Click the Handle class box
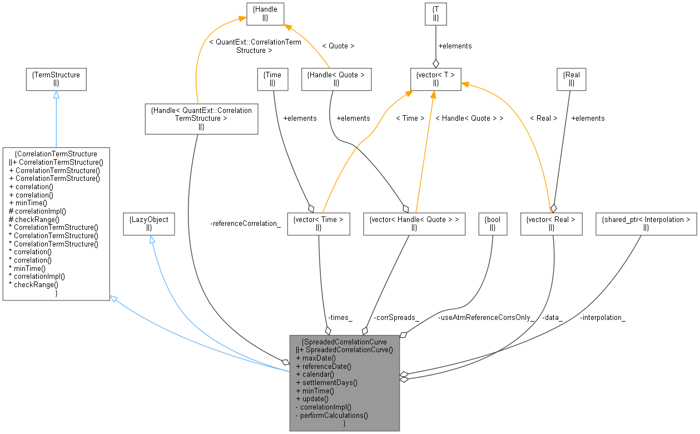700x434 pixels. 265,13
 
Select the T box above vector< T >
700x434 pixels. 435,13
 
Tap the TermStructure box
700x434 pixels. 56,78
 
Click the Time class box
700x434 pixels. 272,78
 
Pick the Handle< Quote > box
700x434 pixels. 336,78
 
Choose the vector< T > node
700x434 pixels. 435,78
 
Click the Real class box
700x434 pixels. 571,78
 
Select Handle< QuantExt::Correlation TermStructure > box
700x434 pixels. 201,119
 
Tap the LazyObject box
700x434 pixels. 148,223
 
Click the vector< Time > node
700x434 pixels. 318,223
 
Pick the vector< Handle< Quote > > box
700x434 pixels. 414,223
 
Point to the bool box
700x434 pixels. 493,223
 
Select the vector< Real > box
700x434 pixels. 551,223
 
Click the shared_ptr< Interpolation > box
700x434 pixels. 646,223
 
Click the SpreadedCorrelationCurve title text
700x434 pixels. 344,342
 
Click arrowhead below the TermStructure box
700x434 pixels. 56,95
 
